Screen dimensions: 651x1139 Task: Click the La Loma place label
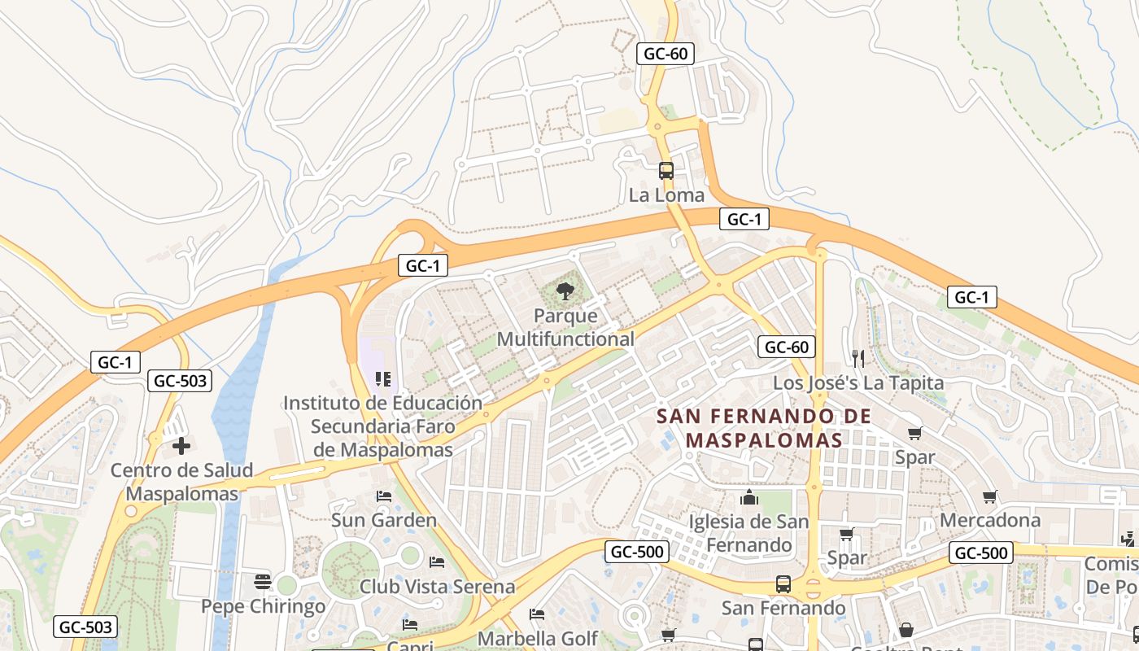[x=666, y=195]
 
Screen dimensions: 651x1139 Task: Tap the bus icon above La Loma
[x=666, y=171]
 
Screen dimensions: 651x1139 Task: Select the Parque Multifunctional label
[x=565, y=327]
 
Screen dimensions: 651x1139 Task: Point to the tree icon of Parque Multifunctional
[x=565, y=291]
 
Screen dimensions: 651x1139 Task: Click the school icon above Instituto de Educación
[x=383, y=378]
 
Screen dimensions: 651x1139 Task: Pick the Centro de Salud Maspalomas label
[x=182, y=482]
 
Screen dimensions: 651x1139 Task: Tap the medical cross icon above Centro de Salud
[x=181, y=445]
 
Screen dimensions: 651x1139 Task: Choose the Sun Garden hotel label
[x=383, y=519]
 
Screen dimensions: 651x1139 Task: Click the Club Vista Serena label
[x=437, y=586]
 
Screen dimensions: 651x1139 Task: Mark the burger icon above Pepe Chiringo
[x=262, y=581]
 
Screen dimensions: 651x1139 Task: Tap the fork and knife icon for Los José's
[x=858, y=358]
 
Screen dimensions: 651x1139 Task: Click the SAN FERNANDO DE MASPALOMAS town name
[x=764, y=428]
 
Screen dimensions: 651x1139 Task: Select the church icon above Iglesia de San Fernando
[x=748, y=496]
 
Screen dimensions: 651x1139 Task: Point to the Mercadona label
[x=990, y=519]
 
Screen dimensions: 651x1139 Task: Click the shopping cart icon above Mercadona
[x=990, y=496]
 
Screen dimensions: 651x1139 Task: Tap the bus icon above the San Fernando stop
[x=783, y=583]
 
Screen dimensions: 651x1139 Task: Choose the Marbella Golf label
[x=537, y=638]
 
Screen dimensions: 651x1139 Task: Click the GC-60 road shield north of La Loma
[x=666, y=54]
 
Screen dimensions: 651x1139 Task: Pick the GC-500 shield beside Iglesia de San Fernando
[x=637, y=552]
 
